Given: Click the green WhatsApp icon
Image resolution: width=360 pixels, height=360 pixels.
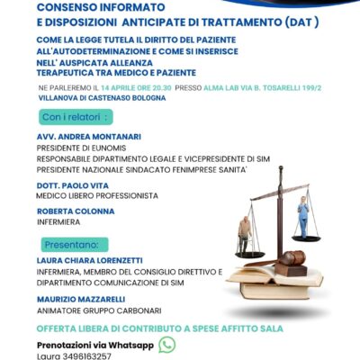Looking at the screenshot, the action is click(x=166, y=344).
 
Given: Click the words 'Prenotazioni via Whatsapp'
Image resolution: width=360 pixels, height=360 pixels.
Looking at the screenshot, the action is click(x=94, y=345).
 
